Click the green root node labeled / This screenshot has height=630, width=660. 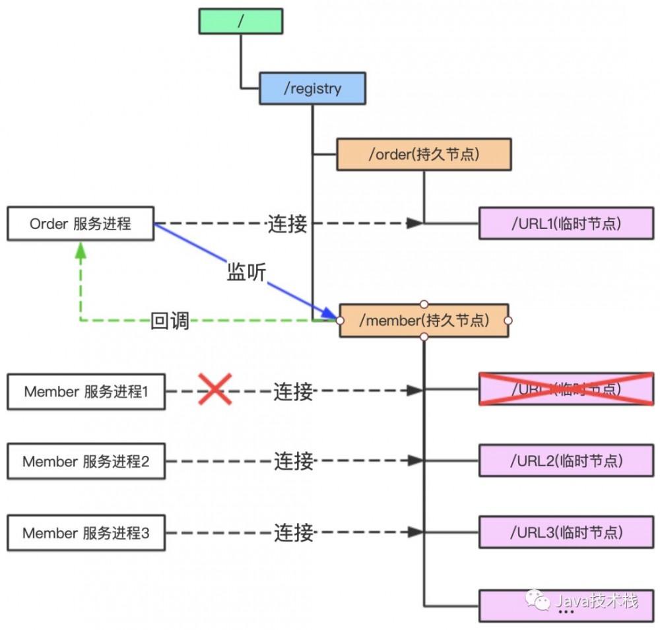click(x=241, y=21)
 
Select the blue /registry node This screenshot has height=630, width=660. click(x=312, y=89)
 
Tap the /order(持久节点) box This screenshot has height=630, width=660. click(x=424, y=154)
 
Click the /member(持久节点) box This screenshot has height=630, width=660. click(x=424, y=321)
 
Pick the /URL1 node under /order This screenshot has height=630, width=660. click(x=566, y=224)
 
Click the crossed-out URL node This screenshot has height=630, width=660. click(x=566, y=389)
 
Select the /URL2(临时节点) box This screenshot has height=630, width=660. click(x=566, y=460)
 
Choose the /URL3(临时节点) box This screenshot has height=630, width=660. click(x=566, y=532)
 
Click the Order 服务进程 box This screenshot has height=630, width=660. click(x=81, y=224)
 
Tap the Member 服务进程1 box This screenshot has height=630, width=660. click(x=86, y=391)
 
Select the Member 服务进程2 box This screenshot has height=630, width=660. click(x=86, y=462)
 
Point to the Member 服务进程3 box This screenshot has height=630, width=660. click(x=86, y=533)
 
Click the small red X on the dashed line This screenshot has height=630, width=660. click(x=214, y=390)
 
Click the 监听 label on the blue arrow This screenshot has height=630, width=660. click(x=246, y=272)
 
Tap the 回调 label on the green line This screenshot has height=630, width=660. click(x=170, y=321)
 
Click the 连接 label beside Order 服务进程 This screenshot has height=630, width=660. click(x=287, y=224)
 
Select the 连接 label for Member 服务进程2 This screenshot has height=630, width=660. click(x=293, y=461)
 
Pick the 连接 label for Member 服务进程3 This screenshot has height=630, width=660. click(x=293, y=532)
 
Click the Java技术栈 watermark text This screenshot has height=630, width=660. click(x=596, y=601)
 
